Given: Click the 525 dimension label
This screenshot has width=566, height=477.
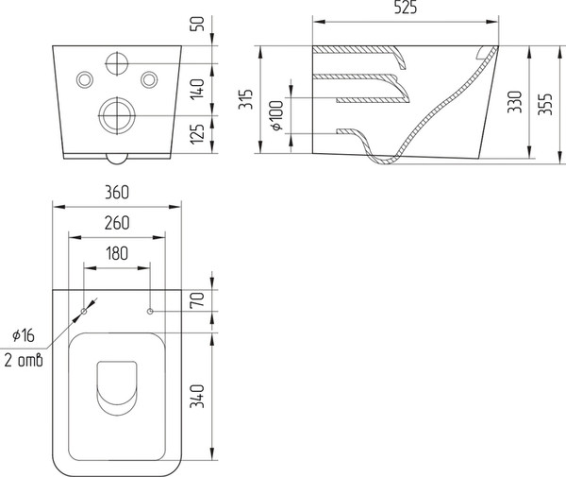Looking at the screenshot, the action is point(406,8).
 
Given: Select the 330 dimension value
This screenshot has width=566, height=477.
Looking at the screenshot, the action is point(515,102).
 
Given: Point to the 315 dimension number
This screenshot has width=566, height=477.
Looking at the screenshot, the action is point(246,99).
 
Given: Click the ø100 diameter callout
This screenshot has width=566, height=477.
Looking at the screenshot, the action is point(277,115).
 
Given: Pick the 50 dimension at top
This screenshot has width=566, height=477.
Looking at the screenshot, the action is point(197,24).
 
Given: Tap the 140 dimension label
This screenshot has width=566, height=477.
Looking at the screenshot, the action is point(197,89).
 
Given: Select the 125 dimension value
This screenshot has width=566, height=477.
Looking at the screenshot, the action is point(197,134).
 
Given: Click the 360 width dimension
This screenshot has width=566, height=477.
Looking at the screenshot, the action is point(117,193).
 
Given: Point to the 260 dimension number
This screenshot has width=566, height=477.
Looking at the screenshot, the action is point(117,223).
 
